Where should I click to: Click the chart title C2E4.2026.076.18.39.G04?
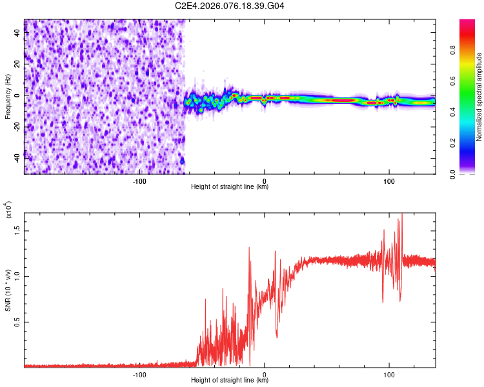point(230,6)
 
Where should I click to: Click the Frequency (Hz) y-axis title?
point(8,97)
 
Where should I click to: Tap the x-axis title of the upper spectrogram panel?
point(230,187)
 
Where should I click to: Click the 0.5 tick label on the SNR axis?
point(16,322)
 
